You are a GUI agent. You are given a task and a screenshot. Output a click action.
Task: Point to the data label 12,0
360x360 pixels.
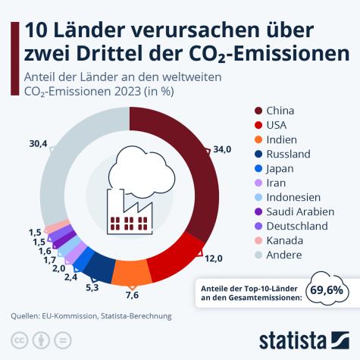214,258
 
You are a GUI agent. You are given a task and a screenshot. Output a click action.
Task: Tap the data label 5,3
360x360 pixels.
92,287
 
